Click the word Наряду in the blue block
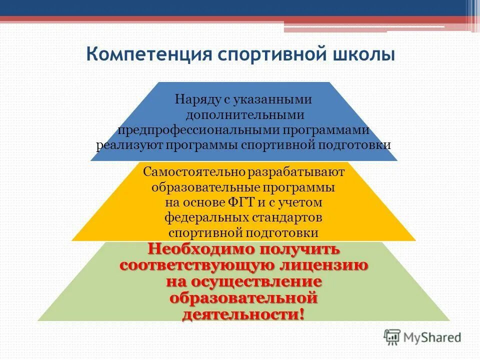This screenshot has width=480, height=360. [x=196, y=99]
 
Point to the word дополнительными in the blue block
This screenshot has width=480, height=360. [x=244, y=115]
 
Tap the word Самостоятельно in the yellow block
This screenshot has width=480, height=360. [x=187, y=172]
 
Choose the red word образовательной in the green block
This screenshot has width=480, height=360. [x=243, y=299]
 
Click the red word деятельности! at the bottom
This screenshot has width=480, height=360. [x=243, y=315]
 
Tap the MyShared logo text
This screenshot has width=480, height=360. [x=432, y=337]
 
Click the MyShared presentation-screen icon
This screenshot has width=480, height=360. [x=392, y=337]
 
